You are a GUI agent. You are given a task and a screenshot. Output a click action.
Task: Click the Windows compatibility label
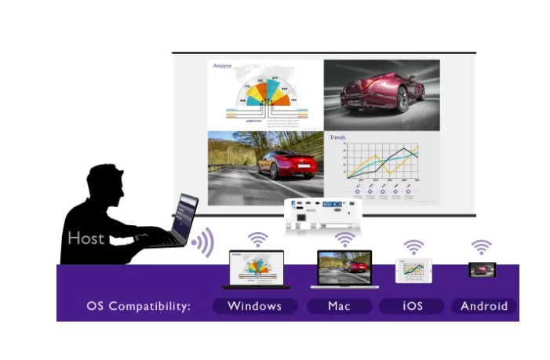coord(255,306)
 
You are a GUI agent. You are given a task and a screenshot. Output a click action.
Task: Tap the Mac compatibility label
coord(339,306)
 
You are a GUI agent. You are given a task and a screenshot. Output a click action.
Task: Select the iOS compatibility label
coord(411,306)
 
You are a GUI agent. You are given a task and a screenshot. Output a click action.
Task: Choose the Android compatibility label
coord(484,306)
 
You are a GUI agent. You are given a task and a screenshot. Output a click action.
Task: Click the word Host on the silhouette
coord(86,238)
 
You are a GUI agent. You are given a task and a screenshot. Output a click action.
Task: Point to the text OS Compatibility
coord(139,306)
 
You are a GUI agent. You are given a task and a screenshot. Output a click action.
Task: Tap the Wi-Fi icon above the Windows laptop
coord(257,238)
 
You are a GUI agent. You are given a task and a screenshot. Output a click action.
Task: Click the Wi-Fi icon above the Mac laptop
coord(344,238)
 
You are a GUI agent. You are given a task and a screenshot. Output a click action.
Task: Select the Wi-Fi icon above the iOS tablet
coord(413,246)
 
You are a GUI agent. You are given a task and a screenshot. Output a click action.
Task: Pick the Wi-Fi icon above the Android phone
coord(481,246)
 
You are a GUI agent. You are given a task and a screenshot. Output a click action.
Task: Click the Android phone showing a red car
coord(481,269)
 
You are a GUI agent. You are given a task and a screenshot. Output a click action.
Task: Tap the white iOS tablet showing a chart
coord(413,269)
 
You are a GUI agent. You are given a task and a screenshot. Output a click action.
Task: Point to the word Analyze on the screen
coord(223,67)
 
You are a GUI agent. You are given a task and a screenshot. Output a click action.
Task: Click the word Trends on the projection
coord(337,137)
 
